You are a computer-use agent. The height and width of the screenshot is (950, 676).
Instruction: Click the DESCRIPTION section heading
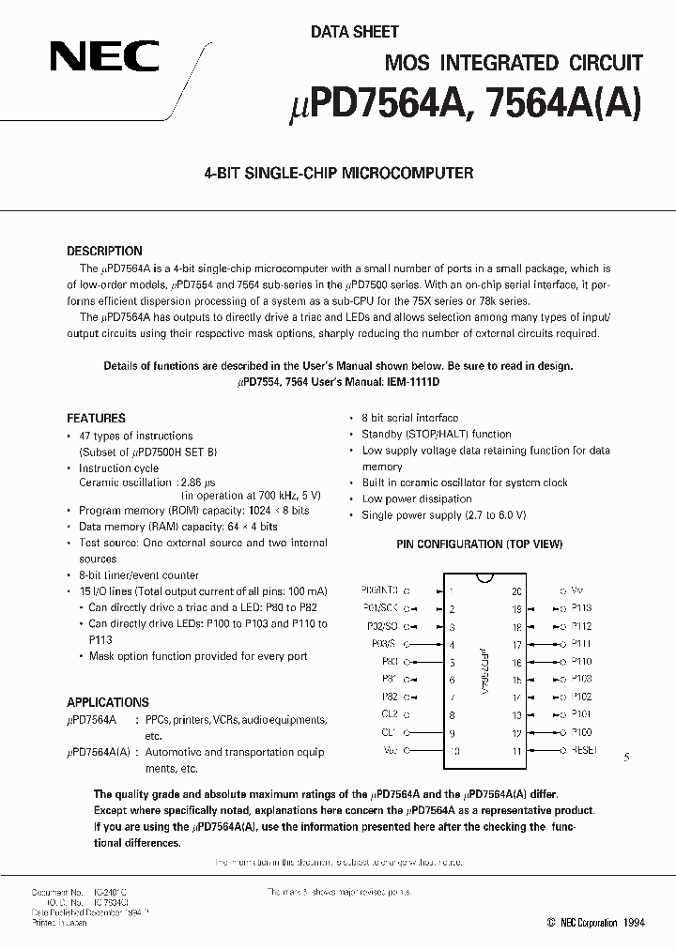click(104, 252)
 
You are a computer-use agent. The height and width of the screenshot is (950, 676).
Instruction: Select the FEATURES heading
click(96, 418)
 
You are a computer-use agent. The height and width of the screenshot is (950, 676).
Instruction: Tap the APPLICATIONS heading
click(107, 702)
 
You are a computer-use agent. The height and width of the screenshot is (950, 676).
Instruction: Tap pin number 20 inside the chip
click(515, 592)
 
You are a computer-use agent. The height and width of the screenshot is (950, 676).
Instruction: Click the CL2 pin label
click(388, 714)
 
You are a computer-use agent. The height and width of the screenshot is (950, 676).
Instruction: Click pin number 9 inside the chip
click(452, 733)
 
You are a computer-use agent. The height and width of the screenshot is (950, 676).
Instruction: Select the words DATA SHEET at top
click(355, 32)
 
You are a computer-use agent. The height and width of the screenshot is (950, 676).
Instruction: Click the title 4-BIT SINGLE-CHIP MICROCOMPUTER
click(338, 173)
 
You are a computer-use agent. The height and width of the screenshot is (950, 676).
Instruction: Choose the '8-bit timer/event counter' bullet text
click(139, 575)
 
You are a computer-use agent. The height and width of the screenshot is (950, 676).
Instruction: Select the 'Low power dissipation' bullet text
click(417, 499)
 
